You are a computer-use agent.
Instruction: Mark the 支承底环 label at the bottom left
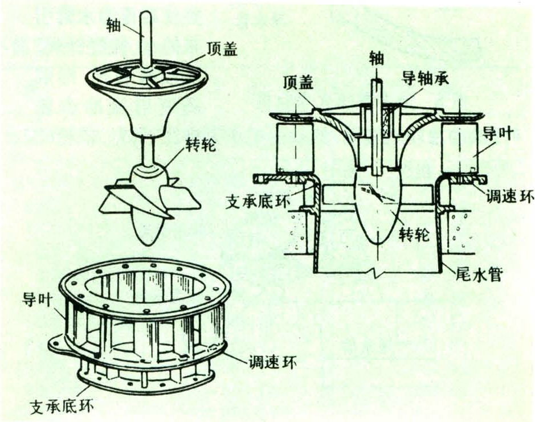click(62, 407)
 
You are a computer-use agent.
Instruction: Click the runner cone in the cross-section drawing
click(373, 211)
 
